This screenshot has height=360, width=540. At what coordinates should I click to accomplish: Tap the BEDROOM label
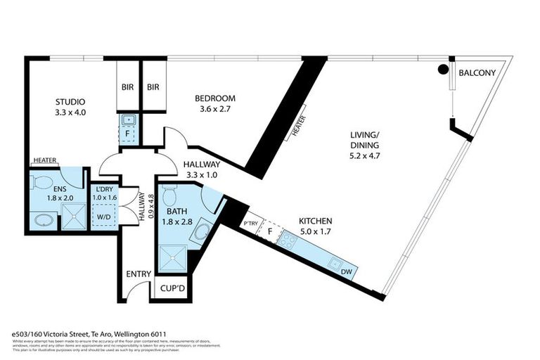[215, 98]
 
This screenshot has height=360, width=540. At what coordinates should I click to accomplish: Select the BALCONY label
[477, 73]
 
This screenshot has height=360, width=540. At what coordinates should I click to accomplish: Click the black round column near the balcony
[443, 70]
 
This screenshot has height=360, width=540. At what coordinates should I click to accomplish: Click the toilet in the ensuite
[41, 184]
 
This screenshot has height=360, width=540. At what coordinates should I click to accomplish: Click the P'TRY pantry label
[250, 224]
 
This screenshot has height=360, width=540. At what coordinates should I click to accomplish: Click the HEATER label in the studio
[44, 161]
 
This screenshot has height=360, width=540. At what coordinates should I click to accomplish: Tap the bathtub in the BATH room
[202, 231]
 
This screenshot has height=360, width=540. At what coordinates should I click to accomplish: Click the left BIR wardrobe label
[127, 88]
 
